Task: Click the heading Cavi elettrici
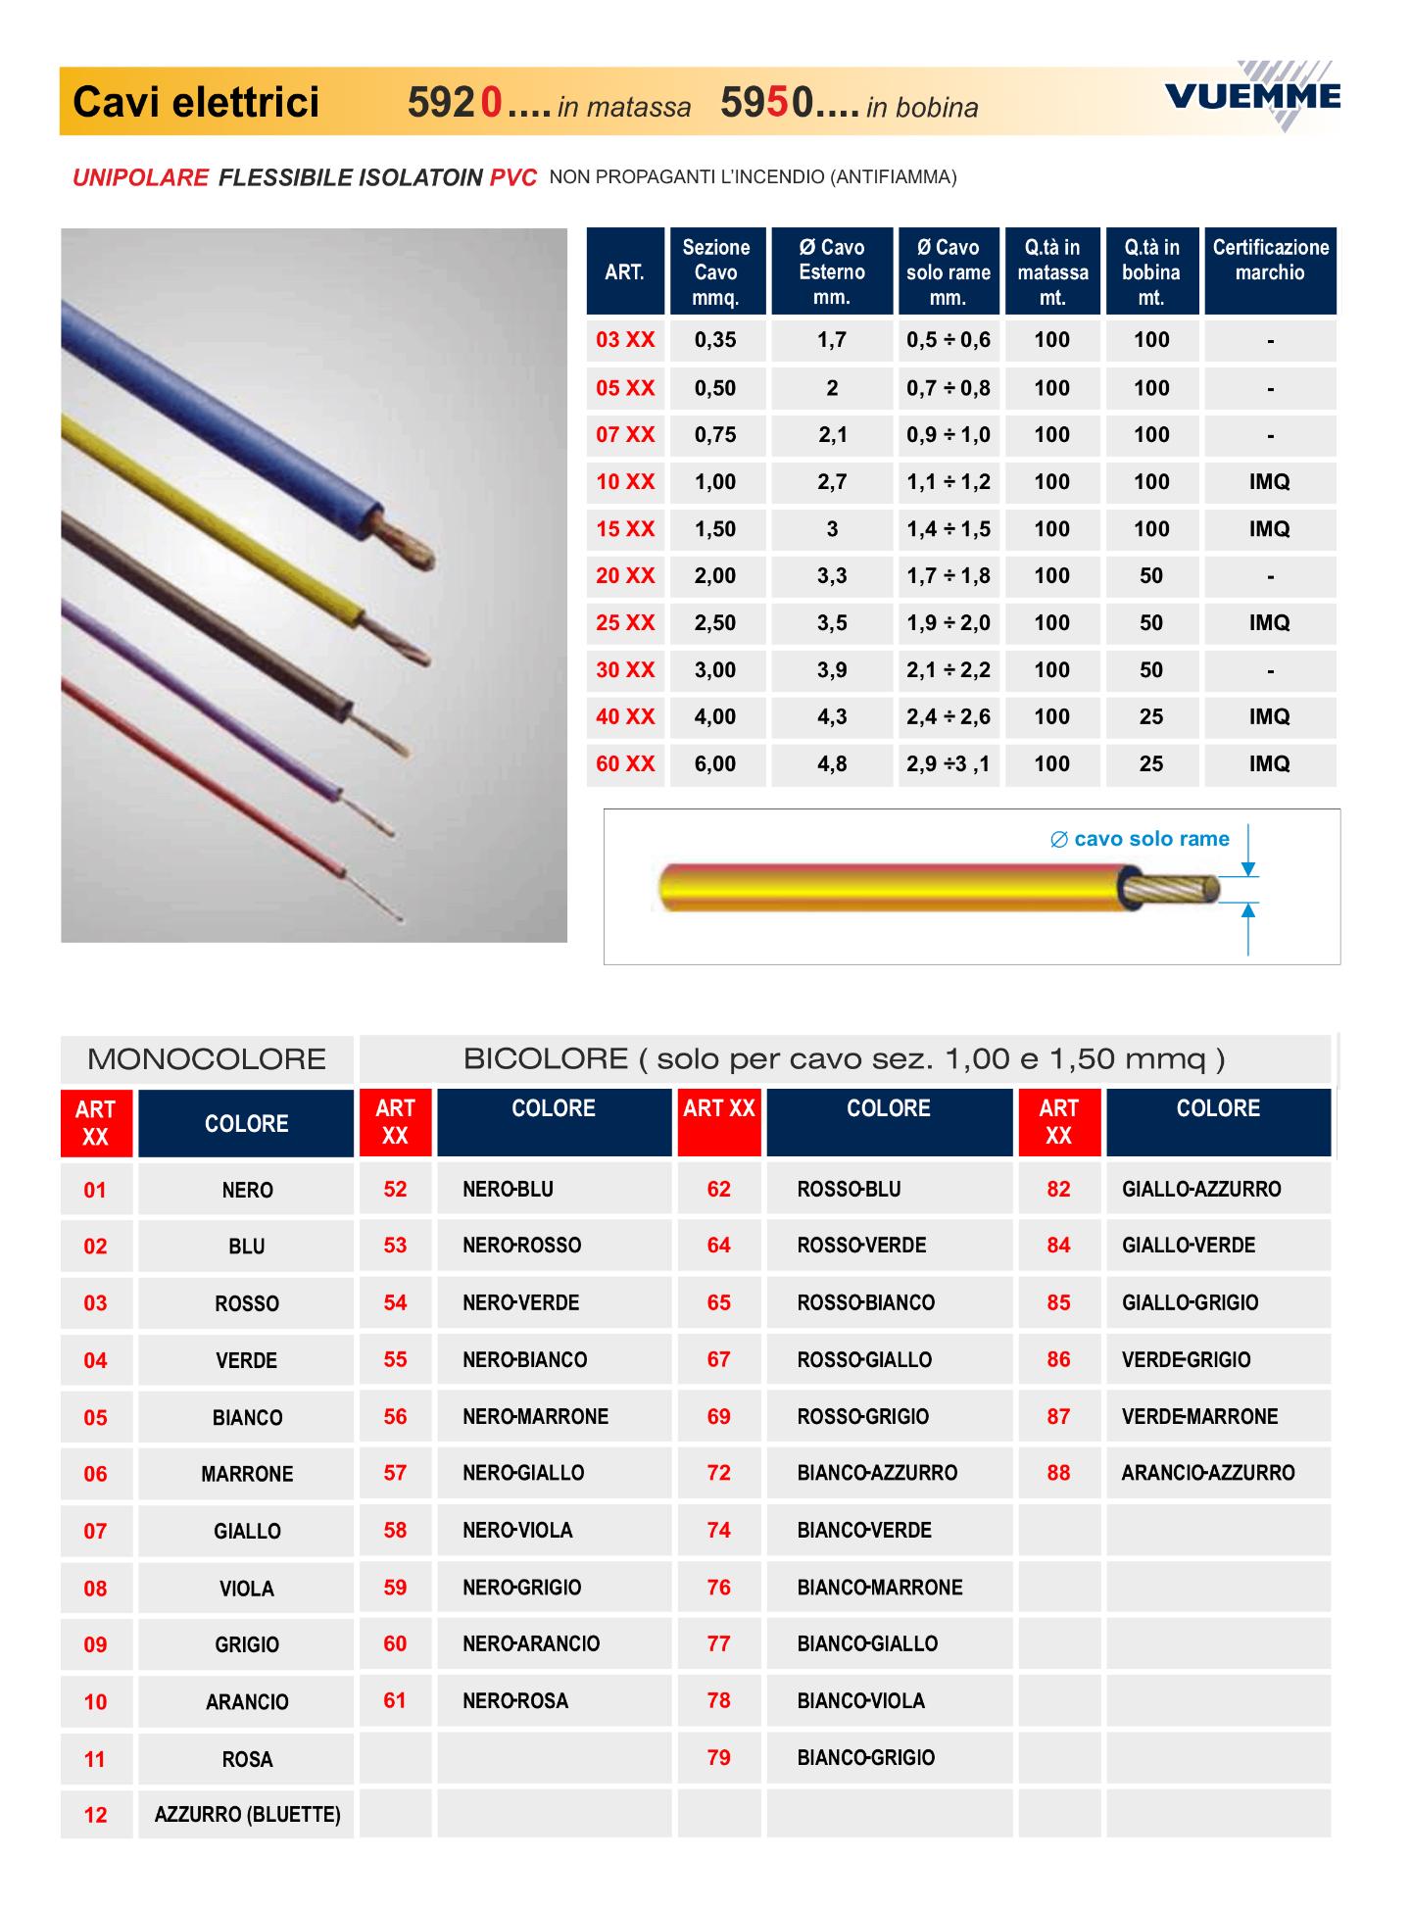tap(196, 102)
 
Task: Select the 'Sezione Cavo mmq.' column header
tap(716, 271)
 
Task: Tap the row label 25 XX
tap(625, 622)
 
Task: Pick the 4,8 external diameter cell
tap(832, 763)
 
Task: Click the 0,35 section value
tap(715, 340)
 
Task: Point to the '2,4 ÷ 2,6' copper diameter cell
tap(948, 716)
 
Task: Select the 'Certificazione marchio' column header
tap(1270, 261)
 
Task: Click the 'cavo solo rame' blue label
tap(1141, 839)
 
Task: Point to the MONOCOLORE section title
tap(207, 1059)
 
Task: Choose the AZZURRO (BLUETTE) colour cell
tap(247, 1814)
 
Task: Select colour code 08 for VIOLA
tap(95, 1588)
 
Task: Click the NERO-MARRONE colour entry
tap(535, 1416)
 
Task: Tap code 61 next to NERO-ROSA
tap(395, 1700)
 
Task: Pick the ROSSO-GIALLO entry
tap(864, 1359)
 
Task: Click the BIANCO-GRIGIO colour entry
tap(865, 1757)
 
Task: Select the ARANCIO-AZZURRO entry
tap(1208, 1472)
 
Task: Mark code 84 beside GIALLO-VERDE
tap(1058, 1245)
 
